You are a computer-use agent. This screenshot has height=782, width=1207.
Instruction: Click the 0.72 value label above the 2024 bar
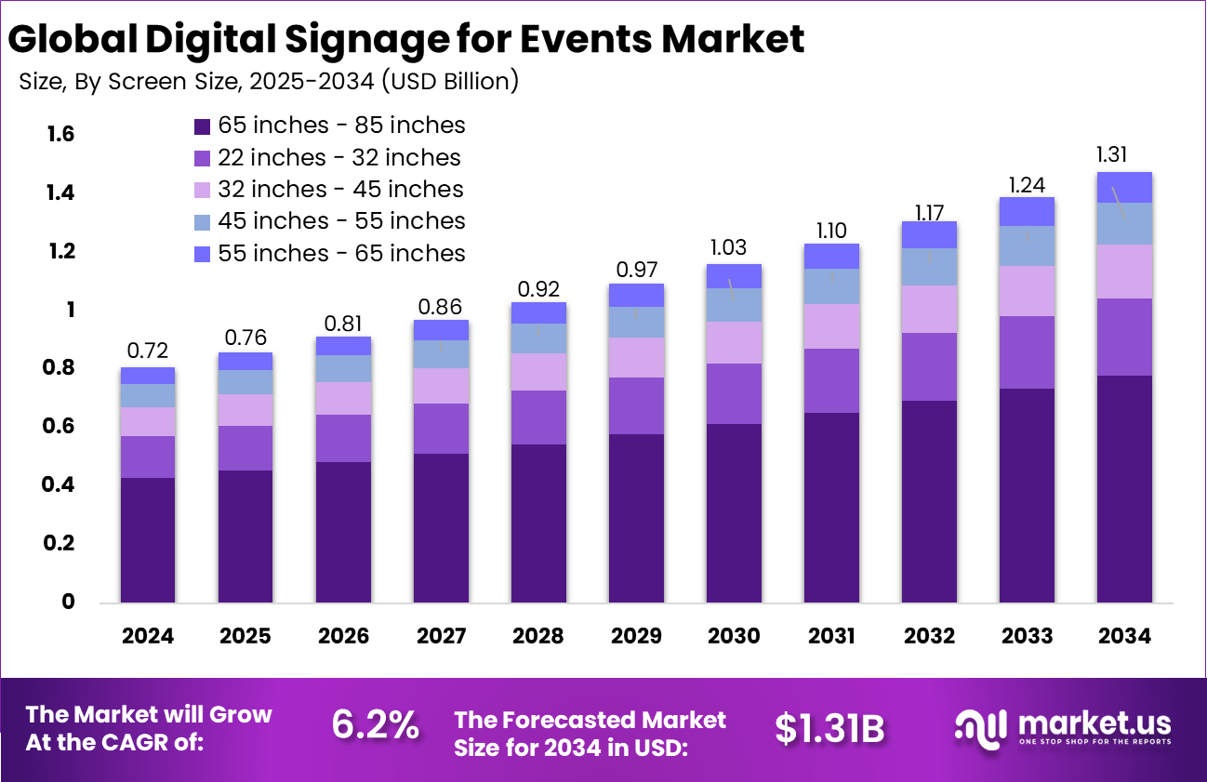click(148, 351)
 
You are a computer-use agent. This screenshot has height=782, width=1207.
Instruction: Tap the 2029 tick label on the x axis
click(636, 636)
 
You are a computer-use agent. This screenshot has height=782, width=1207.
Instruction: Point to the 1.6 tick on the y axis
click(60, 135)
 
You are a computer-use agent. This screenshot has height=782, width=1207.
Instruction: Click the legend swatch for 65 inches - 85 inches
click(202, 126)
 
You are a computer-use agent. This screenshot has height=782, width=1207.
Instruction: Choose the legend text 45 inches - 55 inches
click(341, 221)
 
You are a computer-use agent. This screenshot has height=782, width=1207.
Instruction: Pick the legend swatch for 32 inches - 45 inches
click(202, 190)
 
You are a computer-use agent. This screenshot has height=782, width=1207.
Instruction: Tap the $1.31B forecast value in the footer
click(829, 729)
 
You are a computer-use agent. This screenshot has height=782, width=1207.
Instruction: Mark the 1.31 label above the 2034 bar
click(1124, 154)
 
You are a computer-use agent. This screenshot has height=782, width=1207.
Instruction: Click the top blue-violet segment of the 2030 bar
click(734, 275)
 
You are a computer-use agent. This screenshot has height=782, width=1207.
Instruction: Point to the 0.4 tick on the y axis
click(60, 485)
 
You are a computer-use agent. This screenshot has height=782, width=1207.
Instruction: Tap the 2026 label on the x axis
click(343, 636)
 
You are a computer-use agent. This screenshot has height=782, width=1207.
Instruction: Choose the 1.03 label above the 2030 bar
click(734, 247)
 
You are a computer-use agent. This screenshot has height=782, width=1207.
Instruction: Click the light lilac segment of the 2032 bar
click(929, 309)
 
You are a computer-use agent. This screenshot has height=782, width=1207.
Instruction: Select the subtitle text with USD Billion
click(269, 81)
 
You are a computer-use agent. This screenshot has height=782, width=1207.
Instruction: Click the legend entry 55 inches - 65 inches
click(341, 253)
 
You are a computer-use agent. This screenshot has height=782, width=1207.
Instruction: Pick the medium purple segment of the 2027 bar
click(441, 429)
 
